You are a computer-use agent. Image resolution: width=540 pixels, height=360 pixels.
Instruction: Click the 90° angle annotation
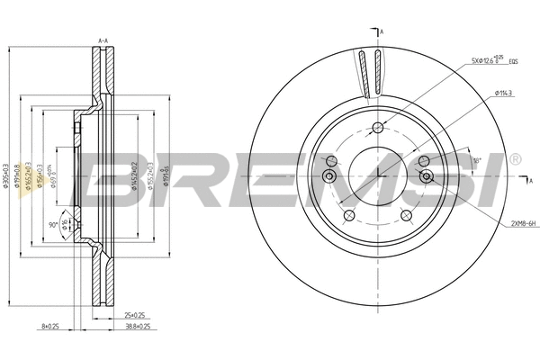tap(52, 224)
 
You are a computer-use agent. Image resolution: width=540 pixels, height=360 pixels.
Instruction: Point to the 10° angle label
tap(477, 160)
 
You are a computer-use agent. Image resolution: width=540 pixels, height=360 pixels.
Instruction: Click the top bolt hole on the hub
tap(377, 126)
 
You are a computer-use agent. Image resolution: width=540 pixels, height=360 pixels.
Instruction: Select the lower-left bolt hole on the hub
tap(348, 215)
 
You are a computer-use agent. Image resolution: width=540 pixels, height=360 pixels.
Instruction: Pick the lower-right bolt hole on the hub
tap(407, 215)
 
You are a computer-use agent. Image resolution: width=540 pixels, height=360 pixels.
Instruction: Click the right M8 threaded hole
tap(426, 175)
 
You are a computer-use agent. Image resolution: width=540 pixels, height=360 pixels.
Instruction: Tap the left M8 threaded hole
tap(329, 175)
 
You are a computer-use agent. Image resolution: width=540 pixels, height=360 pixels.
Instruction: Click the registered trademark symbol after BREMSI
tap(514, 159)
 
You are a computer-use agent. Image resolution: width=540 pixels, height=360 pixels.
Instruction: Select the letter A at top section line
tap(382, 32)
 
